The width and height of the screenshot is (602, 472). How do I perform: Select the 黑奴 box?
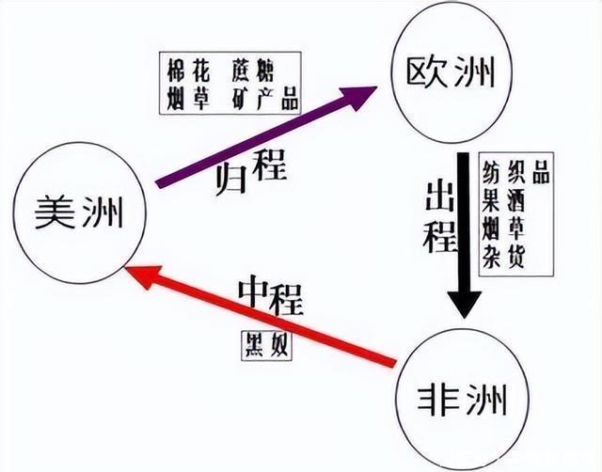pos(266,344)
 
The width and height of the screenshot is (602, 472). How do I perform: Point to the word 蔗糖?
pos(247,70)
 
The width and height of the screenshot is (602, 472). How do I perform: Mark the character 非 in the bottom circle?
pos(436,396)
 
